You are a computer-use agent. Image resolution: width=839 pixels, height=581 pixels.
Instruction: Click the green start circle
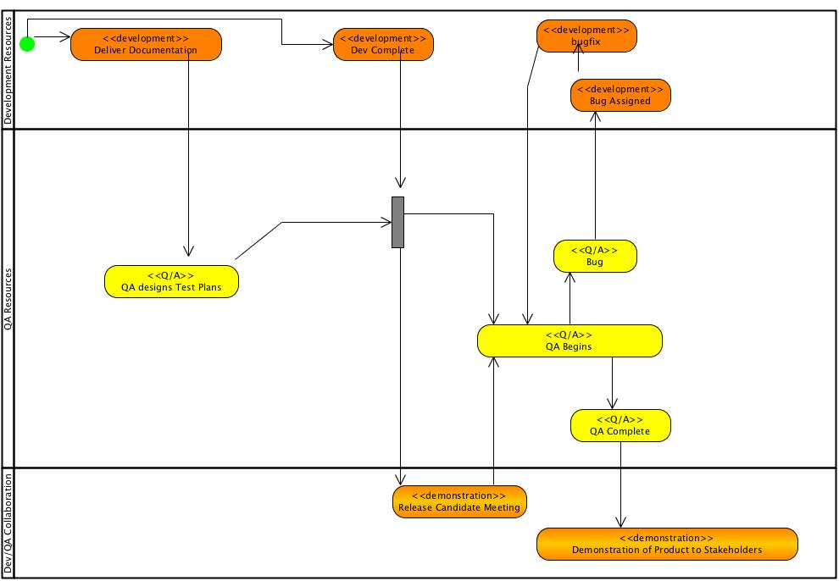[27, 44]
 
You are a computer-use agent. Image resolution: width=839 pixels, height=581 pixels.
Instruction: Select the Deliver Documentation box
[146, 44]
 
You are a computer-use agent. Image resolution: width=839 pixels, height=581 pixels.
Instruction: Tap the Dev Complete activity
[383, 44]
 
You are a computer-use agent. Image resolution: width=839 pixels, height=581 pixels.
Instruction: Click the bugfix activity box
[586, 36]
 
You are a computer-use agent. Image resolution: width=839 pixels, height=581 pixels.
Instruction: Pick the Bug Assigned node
[620, 95]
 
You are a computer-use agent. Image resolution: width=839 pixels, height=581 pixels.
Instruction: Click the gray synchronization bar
[397, 222]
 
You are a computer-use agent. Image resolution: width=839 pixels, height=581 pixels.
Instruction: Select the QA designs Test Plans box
[171, 281]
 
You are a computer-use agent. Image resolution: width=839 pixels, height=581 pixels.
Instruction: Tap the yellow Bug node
[595, 256]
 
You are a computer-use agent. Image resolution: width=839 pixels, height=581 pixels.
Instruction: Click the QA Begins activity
[570, 340]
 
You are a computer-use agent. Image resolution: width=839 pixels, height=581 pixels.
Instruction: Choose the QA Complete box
[620, 425]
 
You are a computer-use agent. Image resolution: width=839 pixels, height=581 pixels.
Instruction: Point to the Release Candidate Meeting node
[459, 501]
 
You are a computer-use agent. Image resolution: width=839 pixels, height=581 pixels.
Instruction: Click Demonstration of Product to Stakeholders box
[667, 544]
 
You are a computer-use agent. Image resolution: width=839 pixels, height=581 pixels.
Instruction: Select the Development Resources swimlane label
[8, 69]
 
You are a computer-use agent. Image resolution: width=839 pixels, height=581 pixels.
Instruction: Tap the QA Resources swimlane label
[8, 298]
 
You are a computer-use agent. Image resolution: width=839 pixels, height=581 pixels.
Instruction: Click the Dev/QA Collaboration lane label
[8, 523]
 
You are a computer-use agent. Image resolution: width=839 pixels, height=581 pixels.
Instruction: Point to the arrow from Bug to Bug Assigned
[595, 178]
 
